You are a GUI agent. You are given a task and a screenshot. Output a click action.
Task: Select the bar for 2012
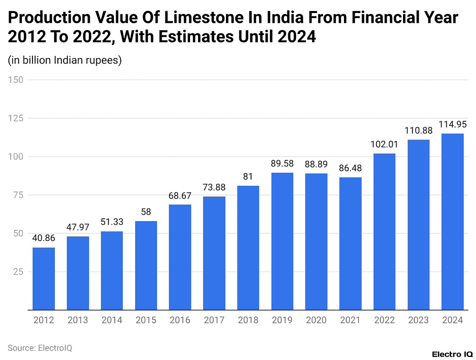click(44, 279)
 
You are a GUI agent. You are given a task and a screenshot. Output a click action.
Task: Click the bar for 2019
click(282, 241)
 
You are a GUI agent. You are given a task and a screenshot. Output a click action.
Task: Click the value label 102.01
click(384, 144)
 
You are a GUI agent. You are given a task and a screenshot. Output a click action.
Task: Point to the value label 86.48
click(350, 168)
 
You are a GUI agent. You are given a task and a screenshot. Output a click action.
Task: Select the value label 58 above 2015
click(146, 212)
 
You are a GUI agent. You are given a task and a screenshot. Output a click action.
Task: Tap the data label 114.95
click(452, 124)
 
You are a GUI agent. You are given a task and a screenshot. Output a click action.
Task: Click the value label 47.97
click(78, 227)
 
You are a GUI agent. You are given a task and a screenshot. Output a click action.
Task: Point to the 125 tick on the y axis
click(17, 118)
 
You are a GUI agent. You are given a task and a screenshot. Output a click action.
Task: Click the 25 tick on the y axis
click(19, 271)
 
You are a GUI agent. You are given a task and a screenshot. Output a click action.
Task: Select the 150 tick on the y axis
click(17, 80)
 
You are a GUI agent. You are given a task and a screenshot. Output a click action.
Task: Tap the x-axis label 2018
click(248, 320)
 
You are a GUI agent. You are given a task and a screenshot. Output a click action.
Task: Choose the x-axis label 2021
click(350, 320)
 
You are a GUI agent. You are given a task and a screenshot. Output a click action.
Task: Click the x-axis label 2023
click(418, 320)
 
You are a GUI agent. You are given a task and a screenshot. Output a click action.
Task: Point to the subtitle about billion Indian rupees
click(65, 60)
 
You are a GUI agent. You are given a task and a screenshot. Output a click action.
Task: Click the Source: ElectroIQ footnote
click(40, 347)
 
